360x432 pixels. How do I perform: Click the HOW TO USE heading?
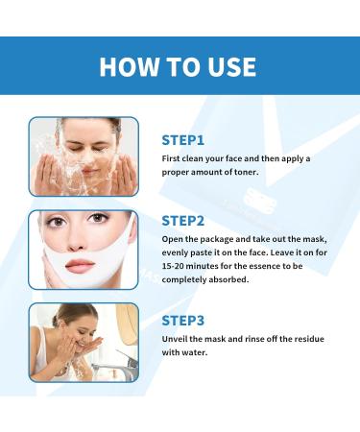[x=180, y=66]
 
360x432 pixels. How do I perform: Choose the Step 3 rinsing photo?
[x=84, y=341]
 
